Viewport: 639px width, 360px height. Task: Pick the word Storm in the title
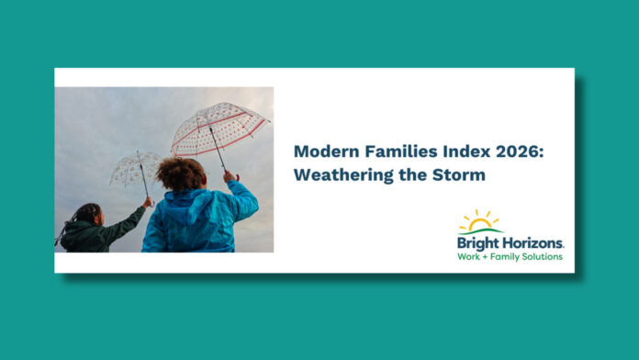click(458, 174)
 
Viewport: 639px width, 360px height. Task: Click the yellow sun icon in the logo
click(479, 220)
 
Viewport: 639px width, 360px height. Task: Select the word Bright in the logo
click(478, 242)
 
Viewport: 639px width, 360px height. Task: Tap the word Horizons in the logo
click(532, 242)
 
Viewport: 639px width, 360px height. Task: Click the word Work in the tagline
click(470, 256)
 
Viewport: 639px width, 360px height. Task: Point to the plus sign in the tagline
click(488, 256)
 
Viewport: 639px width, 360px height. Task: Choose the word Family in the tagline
click(509, 256)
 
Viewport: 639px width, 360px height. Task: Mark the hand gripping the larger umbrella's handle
click(227, 174)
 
